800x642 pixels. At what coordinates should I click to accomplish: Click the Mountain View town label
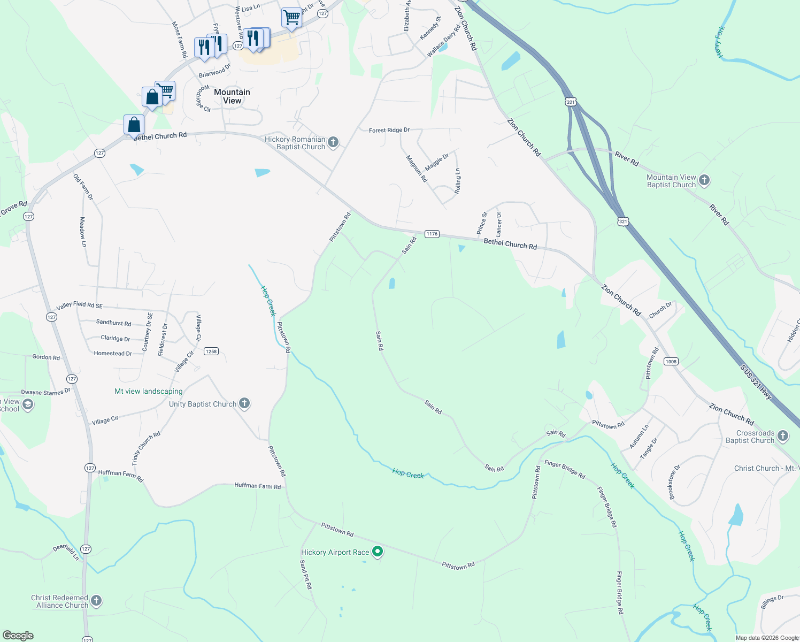click(232, 96)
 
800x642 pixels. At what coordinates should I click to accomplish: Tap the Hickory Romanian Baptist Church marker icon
click(333, 142)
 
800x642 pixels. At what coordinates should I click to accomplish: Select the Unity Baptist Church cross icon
click(244, 403)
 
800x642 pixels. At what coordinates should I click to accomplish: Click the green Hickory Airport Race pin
click(378, 551)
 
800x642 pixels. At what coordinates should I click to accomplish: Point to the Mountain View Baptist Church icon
click(704, 180)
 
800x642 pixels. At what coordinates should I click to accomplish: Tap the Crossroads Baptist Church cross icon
click(783, 436)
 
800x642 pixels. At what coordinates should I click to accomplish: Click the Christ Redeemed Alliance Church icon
click(96, 601)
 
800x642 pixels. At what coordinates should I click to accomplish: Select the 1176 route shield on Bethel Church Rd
click(432, 234)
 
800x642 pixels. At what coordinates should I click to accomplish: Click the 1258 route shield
click(211, 351)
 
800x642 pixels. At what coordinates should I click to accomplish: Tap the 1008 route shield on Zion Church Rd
click(671, 362)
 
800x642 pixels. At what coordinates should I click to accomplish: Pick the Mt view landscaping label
click(148, 391)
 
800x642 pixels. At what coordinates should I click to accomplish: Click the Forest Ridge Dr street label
click(389, 130)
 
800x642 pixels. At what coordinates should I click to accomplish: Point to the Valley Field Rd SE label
click(79, 305)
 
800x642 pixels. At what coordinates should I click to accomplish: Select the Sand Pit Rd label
click(306, 575)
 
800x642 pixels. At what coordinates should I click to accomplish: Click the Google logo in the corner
click(18, 635)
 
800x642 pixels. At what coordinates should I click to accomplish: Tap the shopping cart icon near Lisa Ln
click(291, 18)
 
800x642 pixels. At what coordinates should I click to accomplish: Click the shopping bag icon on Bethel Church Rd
click(134, 125)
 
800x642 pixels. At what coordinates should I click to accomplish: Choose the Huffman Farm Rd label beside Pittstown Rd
click(257, 486)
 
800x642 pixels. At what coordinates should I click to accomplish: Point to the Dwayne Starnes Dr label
click(45, 392)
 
